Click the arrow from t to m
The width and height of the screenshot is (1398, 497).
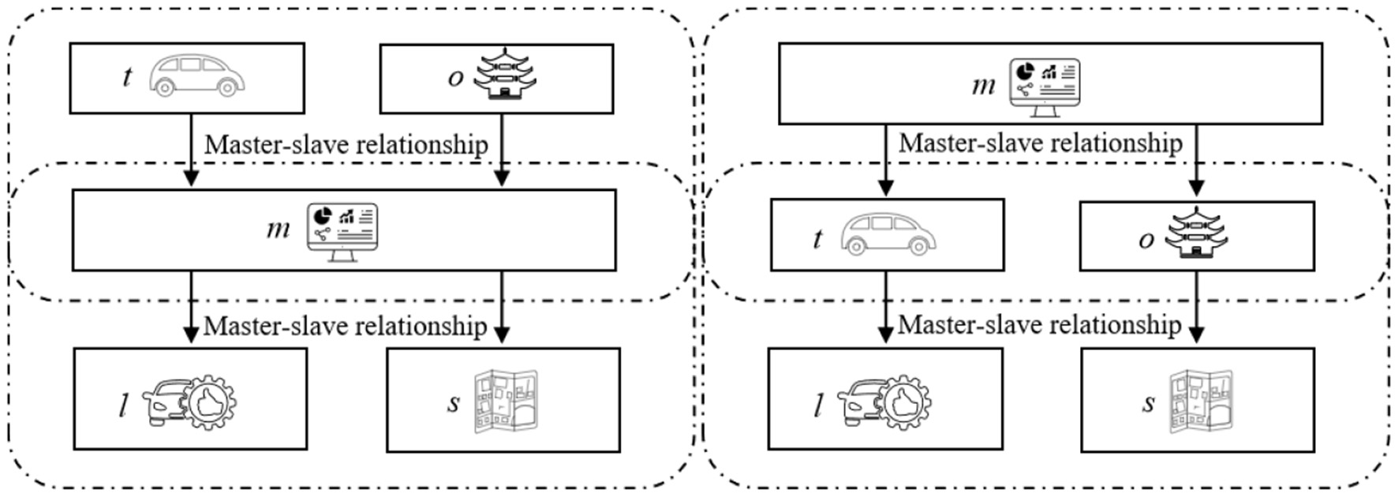[x=190, y=150]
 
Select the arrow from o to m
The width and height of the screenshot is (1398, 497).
[x=502, y=150]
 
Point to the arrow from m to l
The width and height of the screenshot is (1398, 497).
[x=190, y=308]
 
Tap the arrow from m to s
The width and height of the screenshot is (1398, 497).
[x=502, y=308]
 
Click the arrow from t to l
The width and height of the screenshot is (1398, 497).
[x=885, y=308]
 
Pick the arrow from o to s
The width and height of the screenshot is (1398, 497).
[x=1196, y=308]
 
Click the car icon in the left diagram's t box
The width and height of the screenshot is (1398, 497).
[x=196, y=76]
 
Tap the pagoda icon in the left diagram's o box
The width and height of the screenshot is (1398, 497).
[x=504, y=75]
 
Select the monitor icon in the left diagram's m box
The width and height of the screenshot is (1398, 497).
[x=342, y=231]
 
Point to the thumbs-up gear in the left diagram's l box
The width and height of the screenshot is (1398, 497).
[x=207, y=403]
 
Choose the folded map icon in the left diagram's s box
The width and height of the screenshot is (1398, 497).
[x=506, y=402]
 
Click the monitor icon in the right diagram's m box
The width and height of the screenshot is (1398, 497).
[x=1045, y=87]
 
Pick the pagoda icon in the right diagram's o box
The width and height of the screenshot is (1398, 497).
[x=1196, y=234]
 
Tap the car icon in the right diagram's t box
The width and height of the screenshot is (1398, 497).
[x=888, y=234]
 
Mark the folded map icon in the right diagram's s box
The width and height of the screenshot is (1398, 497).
[x=1200, y=402]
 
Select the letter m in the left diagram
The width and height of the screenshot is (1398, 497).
[x=278, y=229]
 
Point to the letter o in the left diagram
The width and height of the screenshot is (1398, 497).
[x=455, y=77]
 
